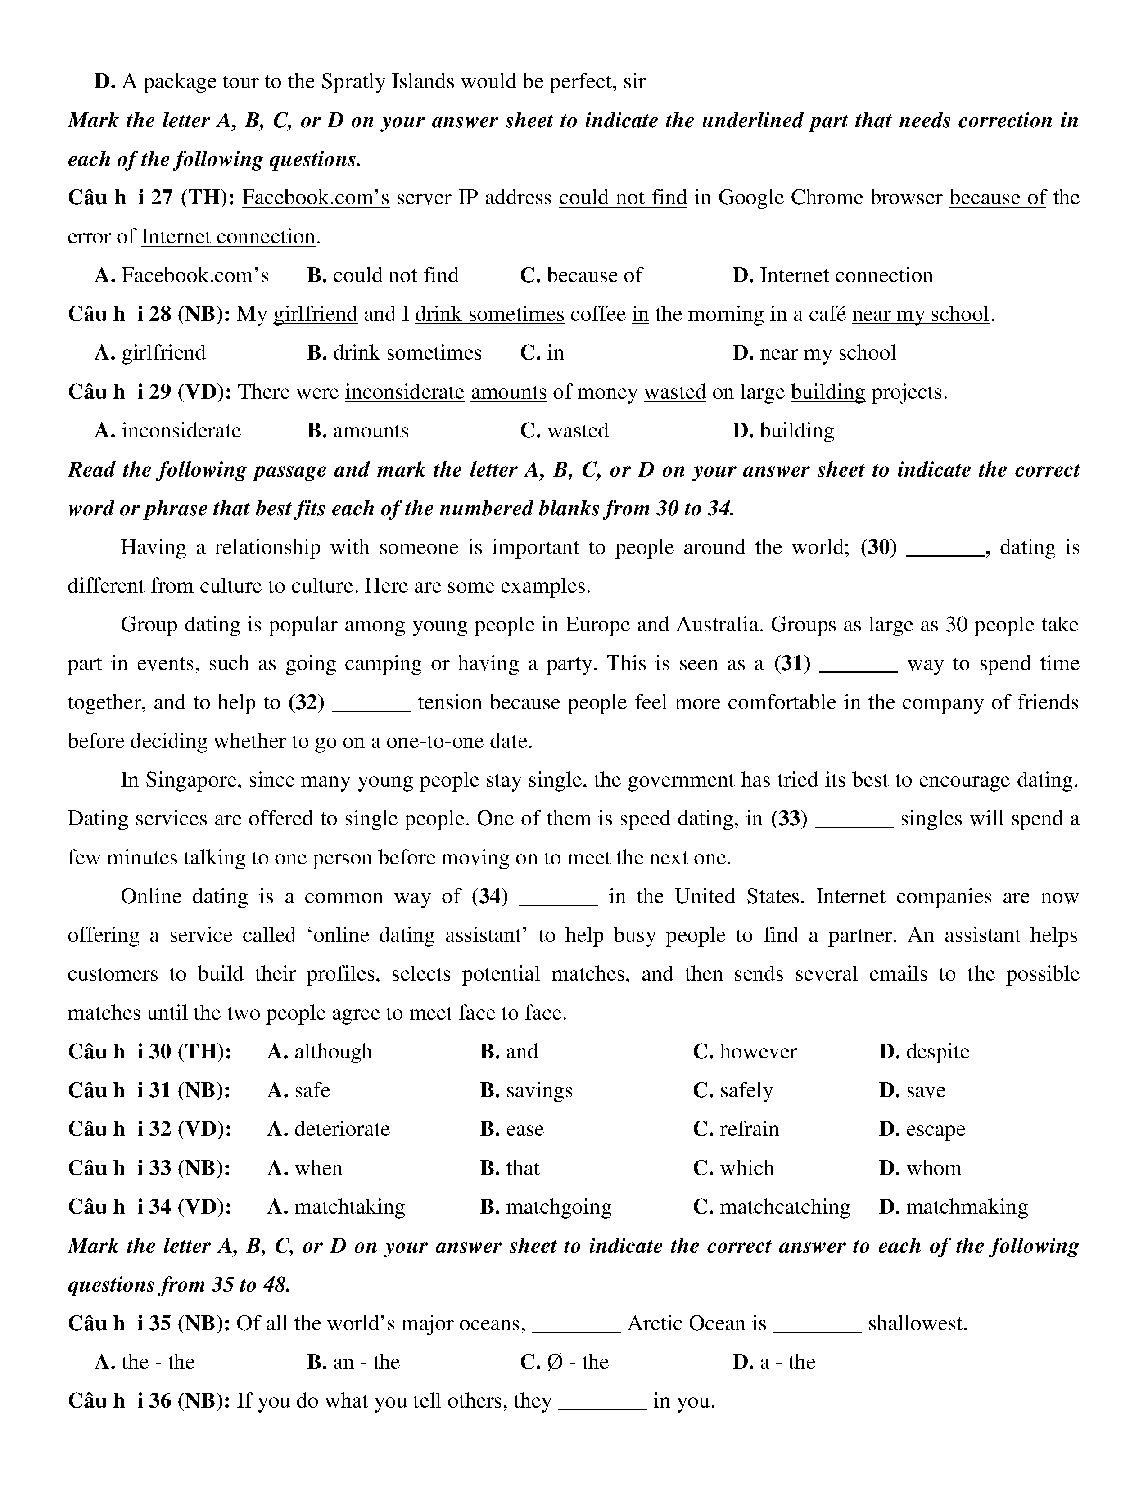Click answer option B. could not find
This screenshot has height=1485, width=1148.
(x=383, y=275)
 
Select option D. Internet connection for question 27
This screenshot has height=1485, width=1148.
(x=832, y=275)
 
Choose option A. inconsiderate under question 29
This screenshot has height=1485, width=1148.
(x=168, y=430)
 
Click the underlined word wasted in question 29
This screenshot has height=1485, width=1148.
(x=675, y=392)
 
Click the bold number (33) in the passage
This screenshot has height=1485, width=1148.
(x=789, y=819)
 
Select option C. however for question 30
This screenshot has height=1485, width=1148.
(x=745, y=1052)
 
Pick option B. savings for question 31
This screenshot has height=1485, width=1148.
(x=526, y=1091)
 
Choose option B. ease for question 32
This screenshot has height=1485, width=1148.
(x=512, y=1129)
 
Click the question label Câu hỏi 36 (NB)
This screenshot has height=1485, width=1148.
(x=149, y=1401)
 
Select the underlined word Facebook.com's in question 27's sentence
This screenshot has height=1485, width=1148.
(x=316, y=198)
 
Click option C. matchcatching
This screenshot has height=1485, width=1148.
(x=772, y=1207)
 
